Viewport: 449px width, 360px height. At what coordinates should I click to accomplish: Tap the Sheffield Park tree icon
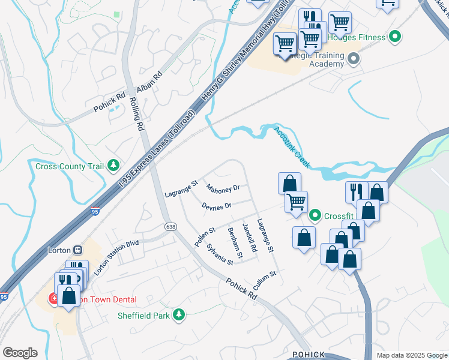[x=178, y=314]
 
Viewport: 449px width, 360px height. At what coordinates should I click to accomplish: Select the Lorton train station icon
[x=77, y=250]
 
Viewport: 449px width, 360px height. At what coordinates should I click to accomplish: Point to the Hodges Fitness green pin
[x=394, y=37]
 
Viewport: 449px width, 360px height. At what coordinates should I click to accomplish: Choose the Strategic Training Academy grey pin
[x=353, y=59]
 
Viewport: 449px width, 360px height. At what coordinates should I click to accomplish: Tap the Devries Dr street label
[x=217, y=206]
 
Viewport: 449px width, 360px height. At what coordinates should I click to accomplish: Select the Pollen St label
[x=205, y=236]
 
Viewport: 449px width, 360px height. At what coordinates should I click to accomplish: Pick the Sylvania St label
[x=220, y=254]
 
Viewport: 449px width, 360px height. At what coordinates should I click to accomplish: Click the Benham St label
[x=235, y=243]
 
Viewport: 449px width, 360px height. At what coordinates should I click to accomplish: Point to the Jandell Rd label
[x=249, y=238]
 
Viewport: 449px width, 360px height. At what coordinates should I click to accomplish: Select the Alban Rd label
[x=149, y=82]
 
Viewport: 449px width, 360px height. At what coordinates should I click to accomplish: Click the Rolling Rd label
[x=137, y=115]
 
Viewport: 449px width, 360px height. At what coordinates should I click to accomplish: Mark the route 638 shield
[x=171, y=226]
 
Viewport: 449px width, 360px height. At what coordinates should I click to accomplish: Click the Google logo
[x=20, y=353]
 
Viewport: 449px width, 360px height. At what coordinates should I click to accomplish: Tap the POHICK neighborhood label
[x=308, y=355]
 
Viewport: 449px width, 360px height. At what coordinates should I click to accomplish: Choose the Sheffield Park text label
[x=143, y=314]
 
